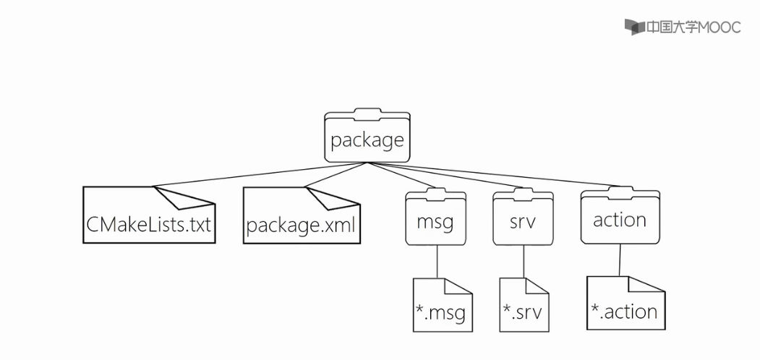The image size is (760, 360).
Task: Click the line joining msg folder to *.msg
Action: tap(437, 261)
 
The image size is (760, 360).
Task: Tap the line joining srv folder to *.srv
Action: tap(524, 261)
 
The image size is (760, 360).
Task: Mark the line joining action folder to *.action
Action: tap(620, 260)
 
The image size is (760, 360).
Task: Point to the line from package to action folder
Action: tap(499, 176)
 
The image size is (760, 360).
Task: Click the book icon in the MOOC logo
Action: tap(633, 27)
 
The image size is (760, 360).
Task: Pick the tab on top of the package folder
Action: tap(367, 112)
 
